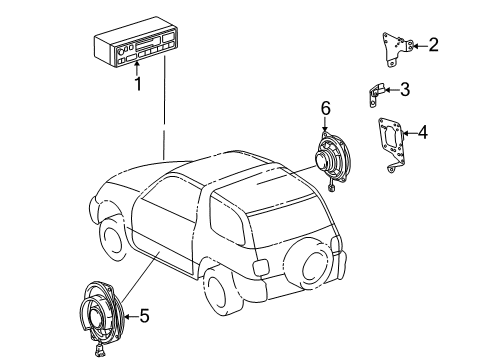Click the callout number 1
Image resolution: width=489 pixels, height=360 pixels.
pos(140,84)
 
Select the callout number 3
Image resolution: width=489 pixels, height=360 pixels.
pos(404,89)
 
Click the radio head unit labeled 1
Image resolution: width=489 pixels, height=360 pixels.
pos(141,49)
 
